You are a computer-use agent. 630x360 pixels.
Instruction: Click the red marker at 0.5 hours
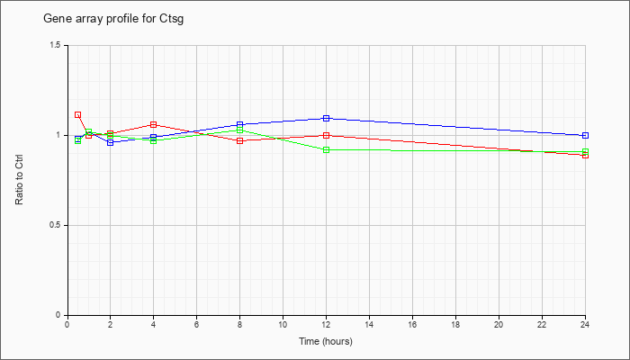click(x=78, y=115)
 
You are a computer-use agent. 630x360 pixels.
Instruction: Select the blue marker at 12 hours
click(x=326, y=118)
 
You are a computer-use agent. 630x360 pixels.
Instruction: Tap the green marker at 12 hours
click(x=326, y=150)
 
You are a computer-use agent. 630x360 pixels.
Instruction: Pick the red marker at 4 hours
click(x=154, y=124)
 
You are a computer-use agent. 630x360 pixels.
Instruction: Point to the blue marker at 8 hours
click(x=240, y=124)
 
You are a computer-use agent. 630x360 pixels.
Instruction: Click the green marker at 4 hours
click(x=154, y=140)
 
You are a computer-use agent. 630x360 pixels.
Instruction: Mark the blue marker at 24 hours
click(x=585, y=135)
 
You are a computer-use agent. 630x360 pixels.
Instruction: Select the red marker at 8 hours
click(x=240, y=140)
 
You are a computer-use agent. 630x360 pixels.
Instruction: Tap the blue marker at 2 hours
click(x=110, y=142)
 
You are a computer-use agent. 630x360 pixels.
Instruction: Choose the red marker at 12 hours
click(x=326, y=135)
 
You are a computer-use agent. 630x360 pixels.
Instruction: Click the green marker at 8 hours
click(x=240, y=130)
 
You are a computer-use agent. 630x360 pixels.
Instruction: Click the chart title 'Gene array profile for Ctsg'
click(x=113, y=19)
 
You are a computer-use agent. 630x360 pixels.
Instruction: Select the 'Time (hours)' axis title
click(x=326, y=341)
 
